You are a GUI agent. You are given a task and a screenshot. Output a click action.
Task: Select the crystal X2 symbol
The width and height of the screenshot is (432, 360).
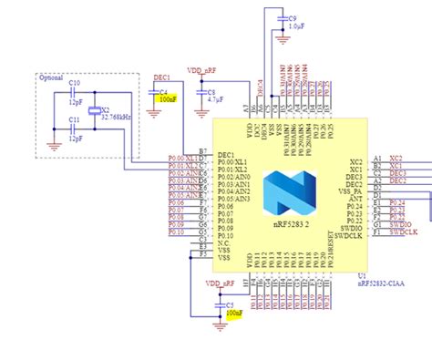coord(92,110)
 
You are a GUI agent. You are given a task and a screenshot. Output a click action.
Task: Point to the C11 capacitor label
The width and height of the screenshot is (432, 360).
coord(75,119)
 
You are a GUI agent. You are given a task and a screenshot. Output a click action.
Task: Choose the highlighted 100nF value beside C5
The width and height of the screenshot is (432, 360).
coord(234,313)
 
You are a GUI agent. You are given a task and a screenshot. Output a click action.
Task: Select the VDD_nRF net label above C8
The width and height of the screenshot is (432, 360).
coord(201,69)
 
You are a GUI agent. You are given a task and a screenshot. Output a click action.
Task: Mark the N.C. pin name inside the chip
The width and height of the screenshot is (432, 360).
coord(224,242)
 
